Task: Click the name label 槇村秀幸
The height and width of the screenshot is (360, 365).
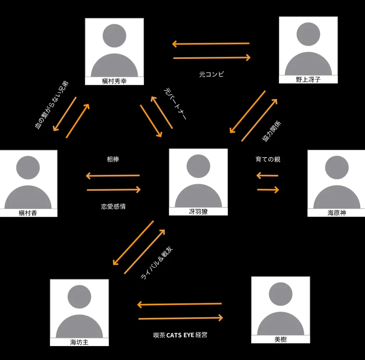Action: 114,81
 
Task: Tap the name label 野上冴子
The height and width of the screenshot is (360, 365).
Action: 308,80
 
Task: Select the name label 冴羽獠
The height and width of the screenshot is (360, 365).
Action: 198,212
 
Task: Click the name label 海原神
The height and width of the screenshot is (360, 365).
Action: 336,213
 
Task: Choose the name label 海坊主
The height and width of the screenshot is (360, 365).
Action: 79,343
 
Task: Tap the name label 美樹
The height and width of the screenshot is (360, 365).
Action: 281,340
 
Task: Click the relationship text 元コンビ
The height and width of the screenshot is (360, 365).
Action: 212,74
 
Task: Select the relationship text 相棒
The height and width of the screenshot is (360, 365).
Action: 113,159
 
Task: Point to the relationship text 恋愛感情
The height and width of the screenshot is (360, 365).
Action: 113,206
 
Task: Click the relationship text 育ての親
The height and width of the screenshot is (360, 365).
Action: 268,159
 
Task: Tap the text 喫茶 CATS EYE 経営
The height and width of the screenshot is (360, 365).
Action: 180,335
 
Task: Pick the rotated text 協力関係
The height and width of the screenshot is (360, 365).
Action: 272,132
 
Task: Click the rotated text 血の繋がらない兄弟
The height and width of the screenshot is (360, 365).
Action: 52,105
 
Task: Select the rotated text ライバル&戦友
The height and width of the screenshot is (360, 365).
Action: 157,263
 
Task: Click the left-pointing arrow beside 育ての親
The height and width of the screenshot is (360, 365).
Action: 267,175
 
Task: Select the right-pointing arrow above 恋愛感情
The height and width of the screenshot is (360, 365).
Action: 114,190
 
